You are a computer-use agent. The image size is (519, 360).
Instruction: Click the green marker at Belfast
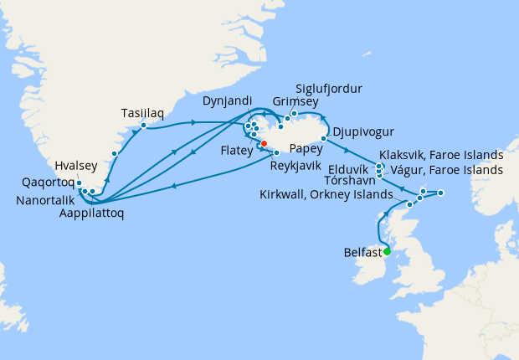387,249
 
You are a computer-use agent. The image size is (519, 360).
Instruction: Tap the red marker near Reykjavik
264,144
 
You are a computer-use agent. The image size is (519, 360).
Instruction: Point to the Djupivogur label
364,132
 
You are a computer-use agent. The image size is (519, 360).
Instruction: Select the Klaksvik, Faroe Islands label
441,155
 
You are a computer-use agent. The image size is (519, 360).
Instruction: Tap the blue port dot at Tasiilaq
143,126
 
